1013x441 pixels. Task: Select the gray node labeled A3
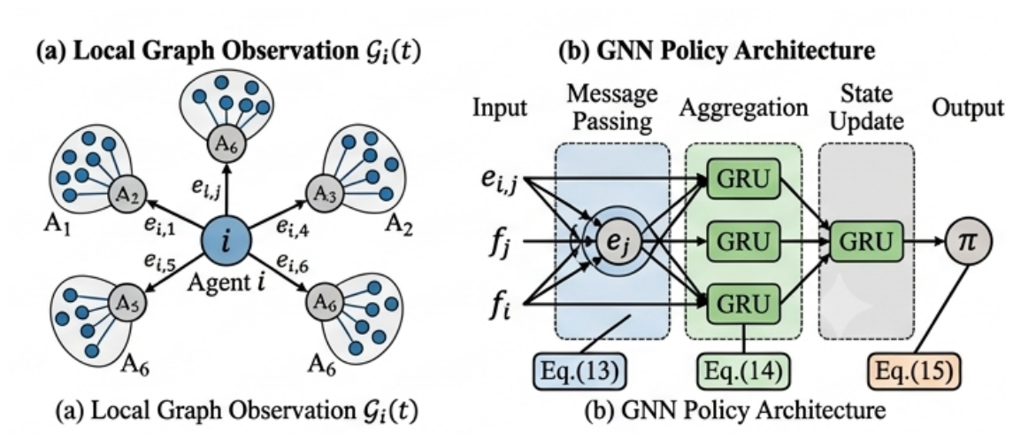point(321,193)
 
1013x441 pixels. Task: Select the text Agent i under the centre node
point(226,282)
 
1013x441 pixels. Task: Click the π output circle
point(968,242)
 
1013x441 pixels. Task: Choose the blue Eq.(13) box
point(579,372)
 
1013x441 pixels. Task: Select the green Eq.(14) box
point(743,372)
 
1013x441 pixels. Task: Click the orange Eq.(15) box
point(913,372)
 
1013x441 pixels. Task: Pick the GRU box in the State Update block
point(866,242)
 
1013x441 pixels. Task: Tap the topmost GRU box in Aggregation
point(743,179)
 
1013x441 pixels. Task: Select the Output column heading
point(968,108)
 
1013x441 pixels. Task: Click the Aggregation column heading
point(743,108)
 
